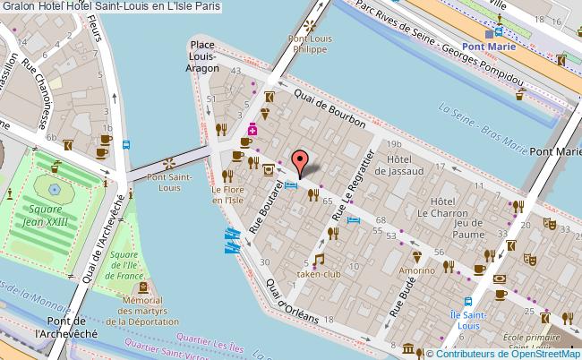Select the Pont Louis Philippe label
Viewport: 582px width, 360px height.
(310, 45)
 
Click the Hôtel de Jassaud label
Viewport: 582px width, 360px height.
(411, 166)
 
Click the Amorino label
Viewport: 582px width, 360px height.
(416, 268)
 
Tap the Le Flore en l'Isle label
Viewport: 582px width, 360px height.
(229, 194)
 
